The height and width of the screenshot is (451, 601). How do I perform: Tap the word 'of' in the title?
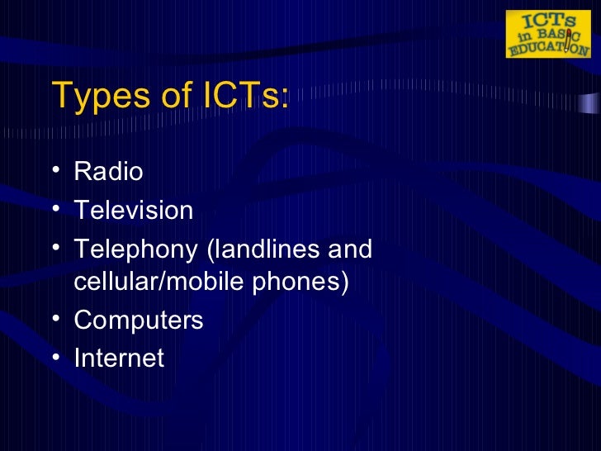[175, 97]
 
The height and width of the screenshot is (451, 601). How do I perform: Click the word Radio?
[108, 172]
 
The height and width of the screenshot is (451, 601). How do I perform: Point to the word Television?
[134, 210]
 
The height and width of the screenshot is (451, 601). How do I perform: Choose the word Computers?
[139, 320]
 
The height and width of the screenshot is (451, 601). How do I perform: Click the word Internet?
[119, 358]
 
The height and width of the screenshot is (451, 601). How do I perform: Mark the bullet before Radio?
[54, 172]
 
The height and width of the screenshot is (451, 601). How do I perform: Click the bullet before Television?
[54, 210]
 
